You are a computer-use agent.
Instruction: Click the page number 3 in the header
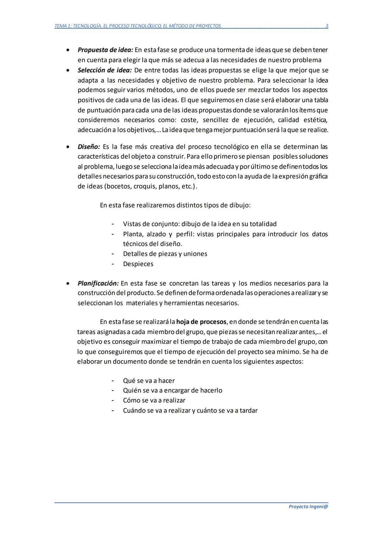(x=327, y=26)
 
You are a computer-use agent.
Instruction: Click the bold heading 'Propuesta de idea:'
(x=105, y=50)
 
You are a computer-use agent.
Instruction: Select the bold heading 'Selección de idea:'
(x=104, y=70)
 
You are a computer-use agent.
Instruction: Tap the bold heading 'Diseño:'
(x=89, y=147)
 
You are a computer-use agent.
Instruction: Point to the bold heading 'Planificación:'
(x=98, y=283)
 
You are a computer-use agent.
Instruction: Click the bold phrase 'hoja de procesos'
(x=201, y=322)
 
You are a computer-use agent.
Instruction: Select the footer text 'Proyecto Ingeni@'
(x=308, y=506)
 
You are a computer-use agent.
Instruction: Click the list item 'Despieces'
(x=138, y=264)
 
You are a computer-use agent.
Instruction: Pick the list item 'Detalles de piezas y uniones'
(x=165, y=254)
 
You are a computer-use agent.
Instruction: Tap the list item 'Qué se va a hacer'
(x=149, y=381)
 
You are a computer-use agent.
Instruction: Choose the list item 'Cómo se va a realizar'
(x=154, y=400)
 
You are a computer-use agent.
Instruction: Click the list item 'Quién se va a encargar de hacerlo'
(x=172, y=390)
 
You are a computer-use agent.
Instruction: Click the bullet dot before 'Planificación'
(x=68, y=283)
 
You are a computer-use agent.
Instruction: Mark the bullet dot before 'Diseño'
(x=68, y=147)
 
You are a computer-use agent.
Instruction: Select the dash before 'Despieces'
(x=113, y=264)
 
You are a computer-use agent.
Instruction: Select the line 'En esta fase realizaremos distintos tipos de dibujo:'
(x=175, y=205)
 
